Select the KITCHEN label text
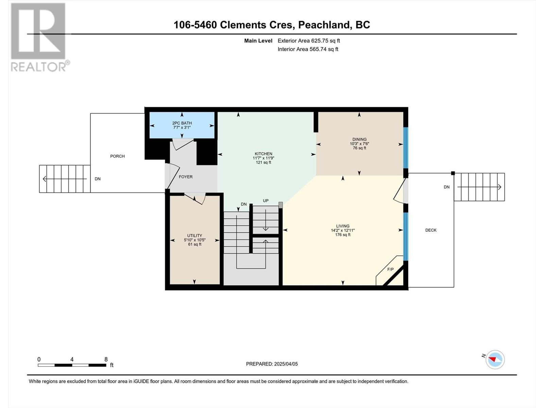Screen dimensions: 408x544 [263, 154]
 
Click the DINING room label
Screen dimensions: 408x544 [359, 139]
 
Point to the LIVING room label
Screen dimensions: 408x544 [343, 226]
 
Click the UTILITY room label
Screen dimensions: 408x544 [194, 236]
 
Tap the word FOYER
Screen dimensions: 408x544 [186, 177]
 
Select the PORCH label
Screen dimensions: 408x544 [117, 156]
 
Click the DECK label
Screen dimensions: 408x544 [431, 230]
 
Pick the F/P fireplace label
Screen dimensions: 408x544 [390, 270]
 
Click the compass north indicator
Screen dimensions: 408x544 [495, 359]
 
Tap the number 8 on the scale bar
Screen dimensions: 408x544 [106, 359]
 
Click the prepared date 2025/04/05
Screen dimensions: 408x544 [285, 364]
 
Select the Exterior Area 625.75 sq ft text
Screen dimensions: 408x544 [309, 41]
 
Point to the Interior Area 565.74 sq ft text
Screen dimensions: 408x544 [308, 49]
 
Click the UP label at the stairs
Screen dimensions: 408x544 [266, 201]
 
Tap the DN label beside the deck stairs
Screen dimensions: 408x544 [446, 187]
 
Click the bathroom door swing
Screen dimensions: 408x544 [183, 144]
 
